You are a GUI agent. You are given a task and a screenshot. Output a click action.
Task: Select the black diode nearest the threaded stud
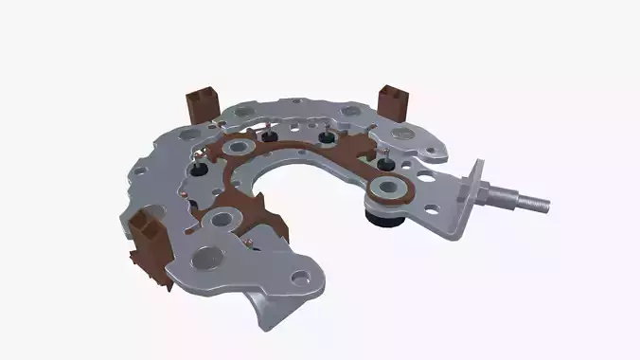[x=386, y=164]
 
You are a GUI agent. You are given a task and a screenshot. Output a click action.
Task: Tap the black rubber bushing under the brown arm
[x=384, y=221]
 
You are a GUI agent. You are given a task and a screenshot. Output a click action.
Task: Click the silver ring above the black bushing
[x=384, y=190]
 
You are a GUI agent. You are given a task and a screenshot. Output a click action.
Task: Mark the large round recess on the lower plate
[x=206, y=257]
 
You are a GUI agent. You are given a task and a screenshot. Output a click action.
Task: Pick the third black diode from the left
[x=328, y=139]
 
